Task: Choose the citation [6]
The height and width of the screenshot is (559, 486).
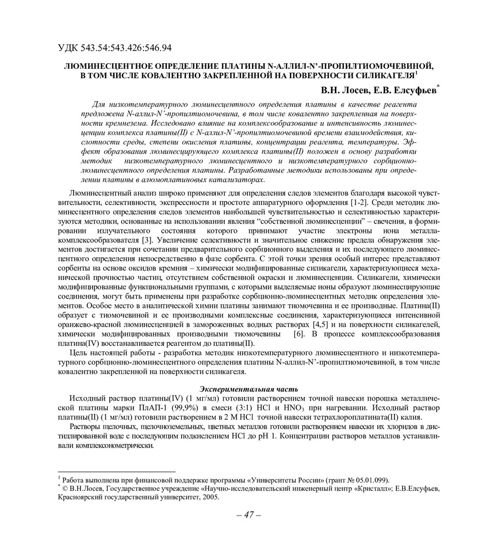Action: pos(299,334)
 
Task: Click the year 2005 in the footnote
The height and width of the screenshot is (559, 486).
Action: pos(210,497)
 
